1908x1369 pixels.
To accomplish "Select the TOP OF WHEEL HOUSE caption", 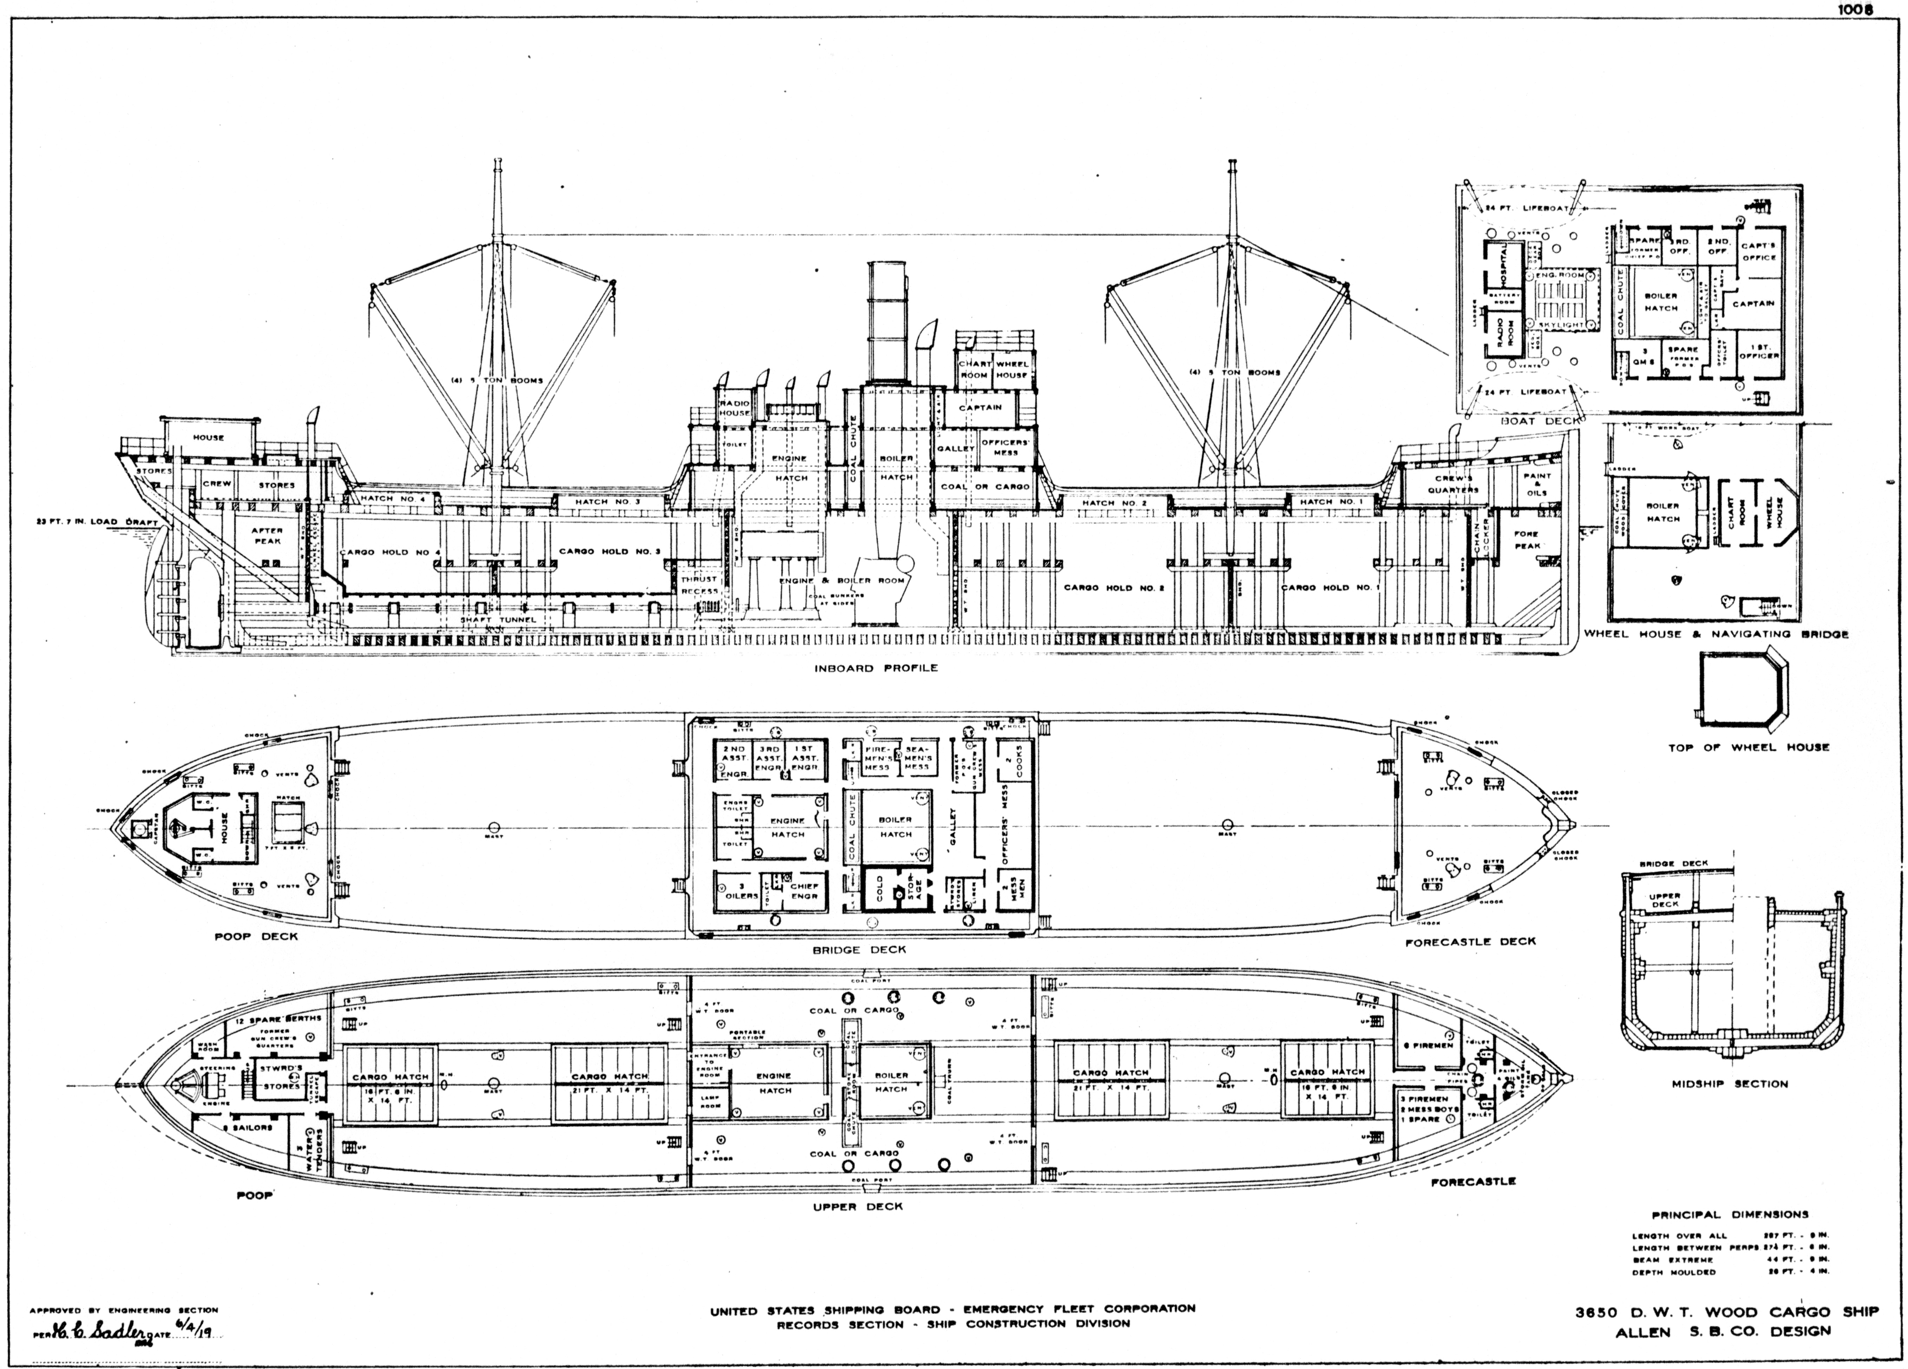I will tap(1749, 747).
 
